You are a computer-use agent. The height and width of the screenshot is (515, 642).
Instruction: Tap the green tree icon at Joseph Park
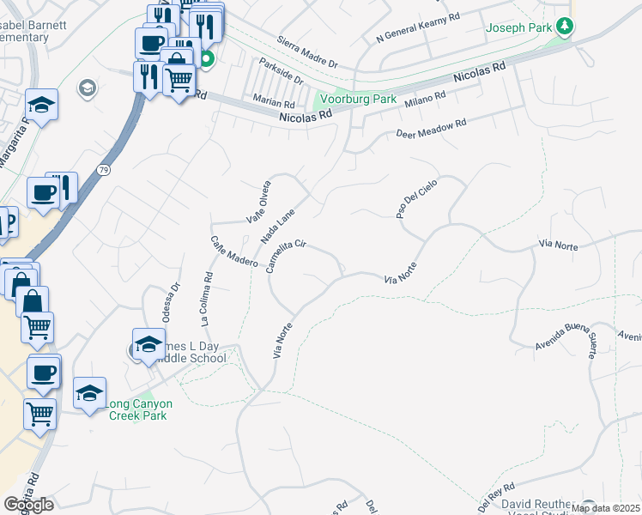(564, 27)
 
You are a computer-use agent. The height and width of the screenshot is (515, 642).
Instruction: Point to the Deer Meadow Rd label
(431, 128)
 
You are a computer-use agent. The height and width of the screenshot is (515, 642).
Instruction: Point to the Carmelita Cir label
(286, 256)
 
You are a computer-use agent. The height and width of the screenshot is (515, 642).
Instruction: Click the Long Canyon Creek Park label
(140, 409)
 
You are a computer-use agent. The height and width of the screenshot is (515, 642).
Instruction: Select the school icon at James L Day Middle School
(149, 346)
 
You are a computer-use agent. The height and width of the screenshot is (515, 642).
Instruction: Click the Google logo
(28, 505)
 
